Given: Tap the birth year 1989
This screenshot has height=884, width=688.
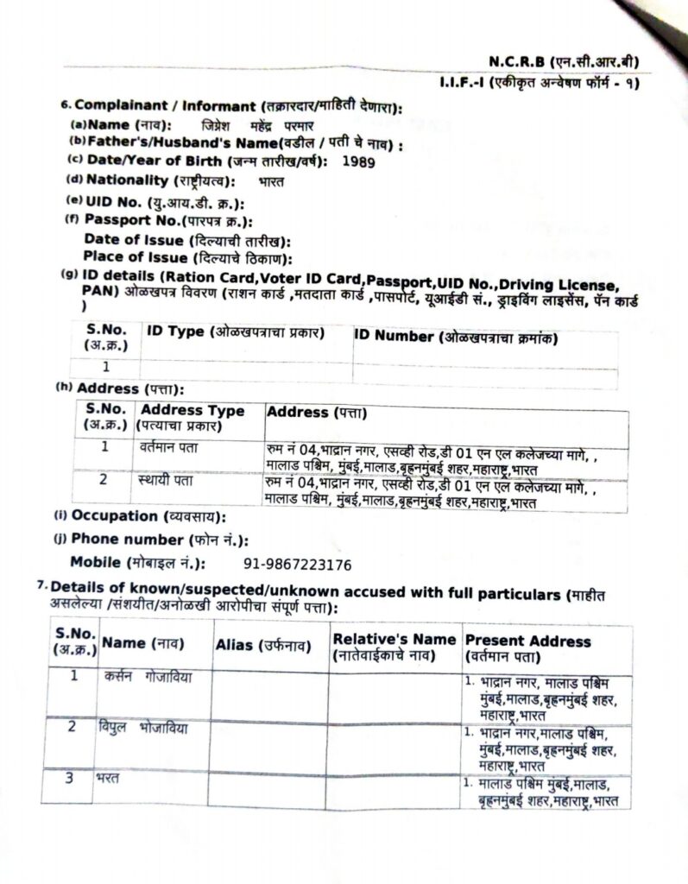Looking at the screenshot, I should (x=359, y=161).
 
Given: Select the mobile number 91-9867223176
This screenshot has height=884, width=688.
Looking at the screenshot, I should (x=297, y=565).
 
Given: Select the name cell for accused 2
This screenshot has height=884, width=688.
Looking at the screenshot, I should (x=142, y=728).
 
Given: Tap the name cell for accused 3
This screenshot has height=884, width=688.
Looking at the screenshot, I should (x=109, y=778).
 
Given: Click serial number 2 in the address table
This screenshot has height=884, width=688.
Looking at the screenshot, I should (x=104, y=480).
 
